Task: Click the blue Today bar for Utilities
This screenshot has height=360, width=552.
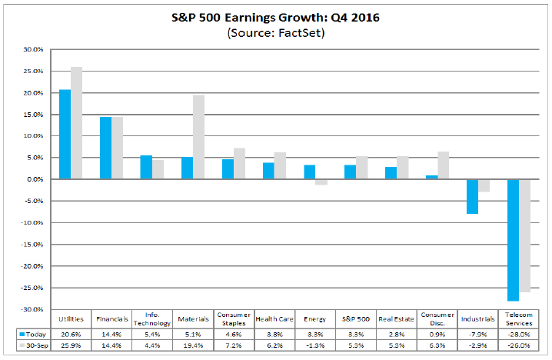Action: (65, 135)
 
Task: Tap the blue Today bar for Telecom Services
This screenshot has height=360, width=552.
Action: (513, 240)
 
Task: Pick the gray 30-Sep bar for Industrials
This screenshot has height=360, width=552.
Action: (484, 185)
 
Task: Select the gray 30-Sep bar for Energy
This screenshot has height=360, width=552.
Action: (321, 182)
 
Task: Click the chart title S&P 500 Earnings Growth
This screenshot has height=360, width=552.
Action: (275, 18)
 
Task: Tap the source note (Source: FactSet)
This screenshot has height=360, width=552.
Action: (275, 33)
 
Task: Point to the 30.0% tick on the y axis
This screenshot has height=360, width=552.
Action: (35, 49)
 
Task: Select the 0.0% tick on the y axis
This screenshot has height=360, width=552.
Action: (36, 179)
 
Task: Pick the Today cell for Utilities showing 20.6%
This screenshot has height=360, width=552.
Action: (71, 334)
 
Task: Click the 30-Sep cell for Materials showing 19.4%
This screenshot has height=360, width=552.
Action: (193, 347)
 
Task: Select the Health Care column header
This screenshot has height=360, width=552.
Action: (274, 319)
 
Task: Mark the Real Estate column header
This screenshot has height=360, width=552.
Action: (397, 319)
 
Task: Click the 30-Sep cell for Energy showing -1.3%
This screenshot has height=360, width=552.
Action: (315, 347)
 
